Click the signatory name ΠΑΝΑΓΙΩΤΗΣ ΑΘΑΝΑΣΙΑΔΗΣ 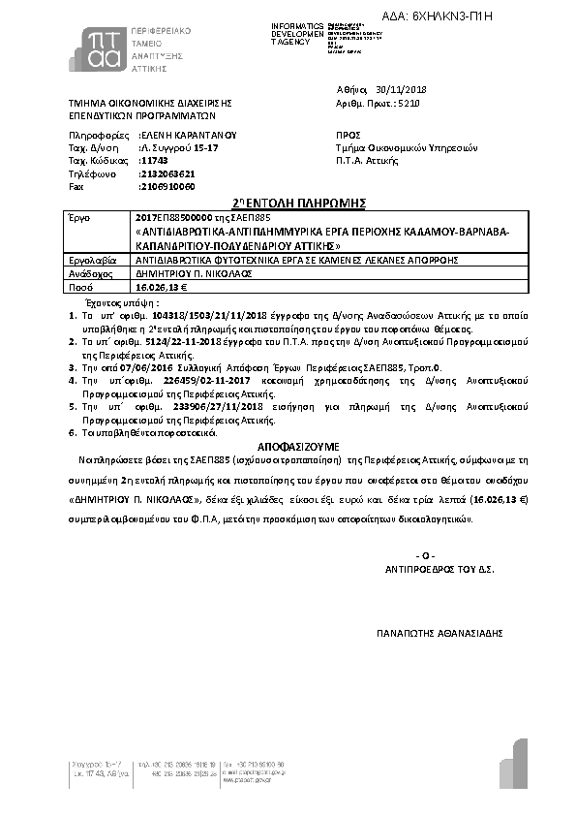[440, 633]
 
